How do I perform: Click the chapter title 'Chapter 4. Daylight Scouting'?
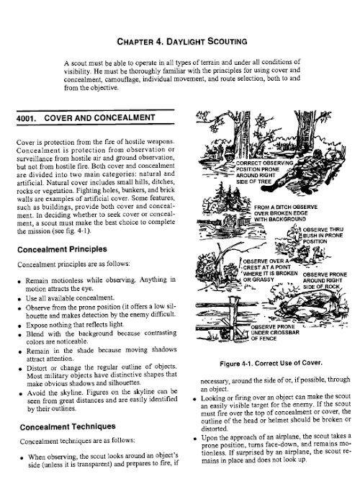[x=182, y=41]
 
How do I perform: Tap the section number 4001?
[x=26, y=118]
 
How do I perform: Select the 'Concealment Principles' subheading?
[x=62, y=249]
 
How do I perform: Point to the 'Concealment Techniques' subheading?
[x=68, y=427]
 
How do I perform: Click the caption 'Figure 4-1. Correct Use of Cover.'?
[x=271, y=363]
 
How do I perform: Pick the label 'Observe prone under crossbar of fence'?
[x=275, y=333]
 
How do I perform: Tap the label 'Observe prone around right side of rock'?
[x=325, y=280]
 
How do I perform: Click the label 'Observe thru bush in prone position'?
[x=323, y=236]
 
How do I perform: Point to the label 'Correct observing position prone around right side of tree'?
[x=264, y=172]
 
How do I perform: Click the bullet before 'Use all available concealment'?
[x=19, y=299]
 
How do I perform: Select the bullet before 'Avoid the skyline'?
[x=21, y=394]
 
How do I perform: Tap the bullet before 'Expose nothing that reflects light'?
[x=19, y=326]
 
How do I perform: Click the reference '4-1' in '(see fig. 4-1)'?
[x=82, y=231]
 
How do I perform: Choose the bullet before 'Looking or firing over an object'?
[x=195, y=399]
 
